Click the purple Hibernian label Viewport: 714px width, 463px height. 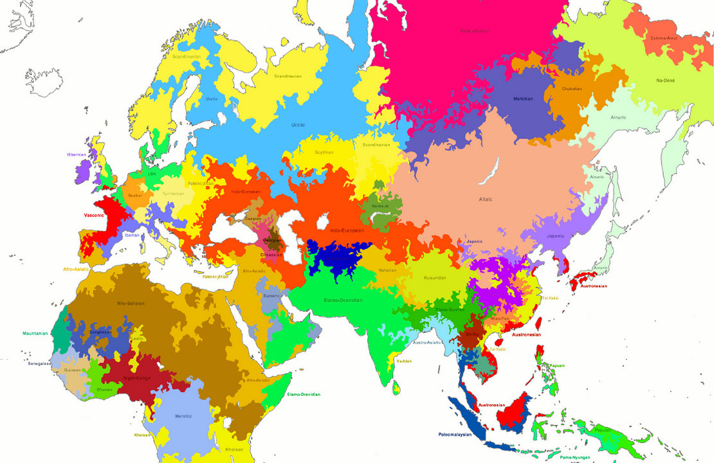76,154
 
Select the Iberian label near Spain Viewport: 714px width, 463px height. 132,235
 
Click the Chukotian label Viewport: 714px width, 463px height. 571,89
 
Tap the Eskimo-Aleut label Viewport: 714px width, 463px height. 664,38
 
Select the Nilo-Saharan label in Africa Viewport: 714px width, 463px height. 131,303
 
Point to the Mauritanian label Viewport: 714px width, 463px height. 35,333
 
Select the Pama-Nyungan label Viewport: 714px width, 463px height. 576,457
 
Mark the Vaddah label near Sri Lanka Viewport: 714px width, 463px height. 403,361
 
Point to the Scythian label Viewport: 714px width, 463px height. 324,152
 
